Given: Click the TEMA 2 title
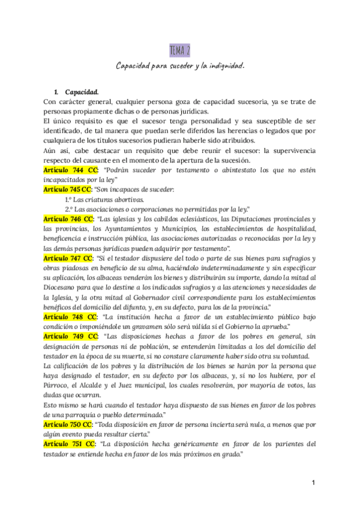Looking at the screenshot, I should (x=180, y=50).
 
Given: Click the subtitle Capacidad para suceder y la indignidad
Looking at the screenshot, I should (x=180, y=65).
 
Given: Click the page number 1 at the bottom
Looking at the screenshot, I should (x=313, y=483).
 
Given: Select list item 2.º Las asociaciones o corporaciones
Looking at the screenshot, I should (x=156, y=209).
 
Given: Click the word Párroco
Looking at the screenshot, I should (x=58, y=385).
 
